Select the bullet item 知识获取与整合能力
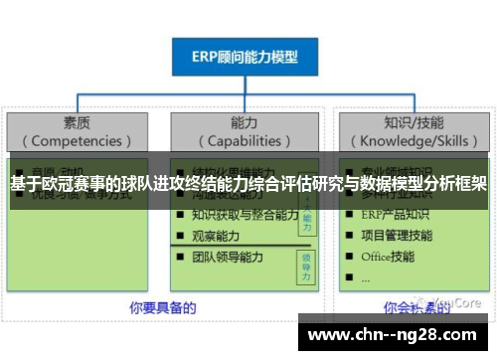pos(245,214)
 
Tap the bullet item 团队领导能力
pos(228,257)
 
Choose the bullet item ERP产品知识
pos(397,215)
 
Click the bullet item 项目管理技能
pos(397,236)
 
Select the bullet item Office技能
pos(389,257)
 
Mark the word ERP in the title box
pos(207,57)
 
